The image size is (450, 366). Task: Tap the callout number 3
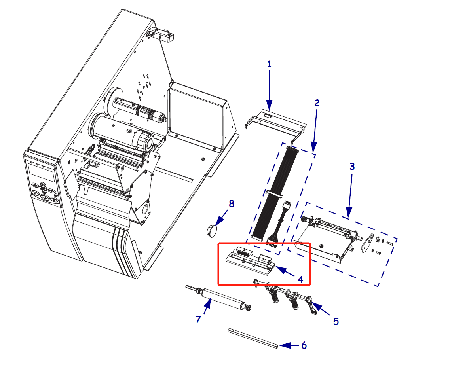pos(352,167)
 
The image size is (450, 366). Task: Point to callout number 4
pos(300,279)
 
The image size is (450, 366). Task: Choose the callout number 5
pos(336,321)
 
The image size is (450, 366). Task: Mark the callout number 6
pos(304,345)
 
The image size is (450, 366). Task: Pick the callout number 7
pos(199,319)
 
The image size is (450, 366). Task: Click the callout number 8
pos(232,204)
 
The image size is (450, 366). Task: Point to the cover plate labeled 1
pos(277,121)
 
